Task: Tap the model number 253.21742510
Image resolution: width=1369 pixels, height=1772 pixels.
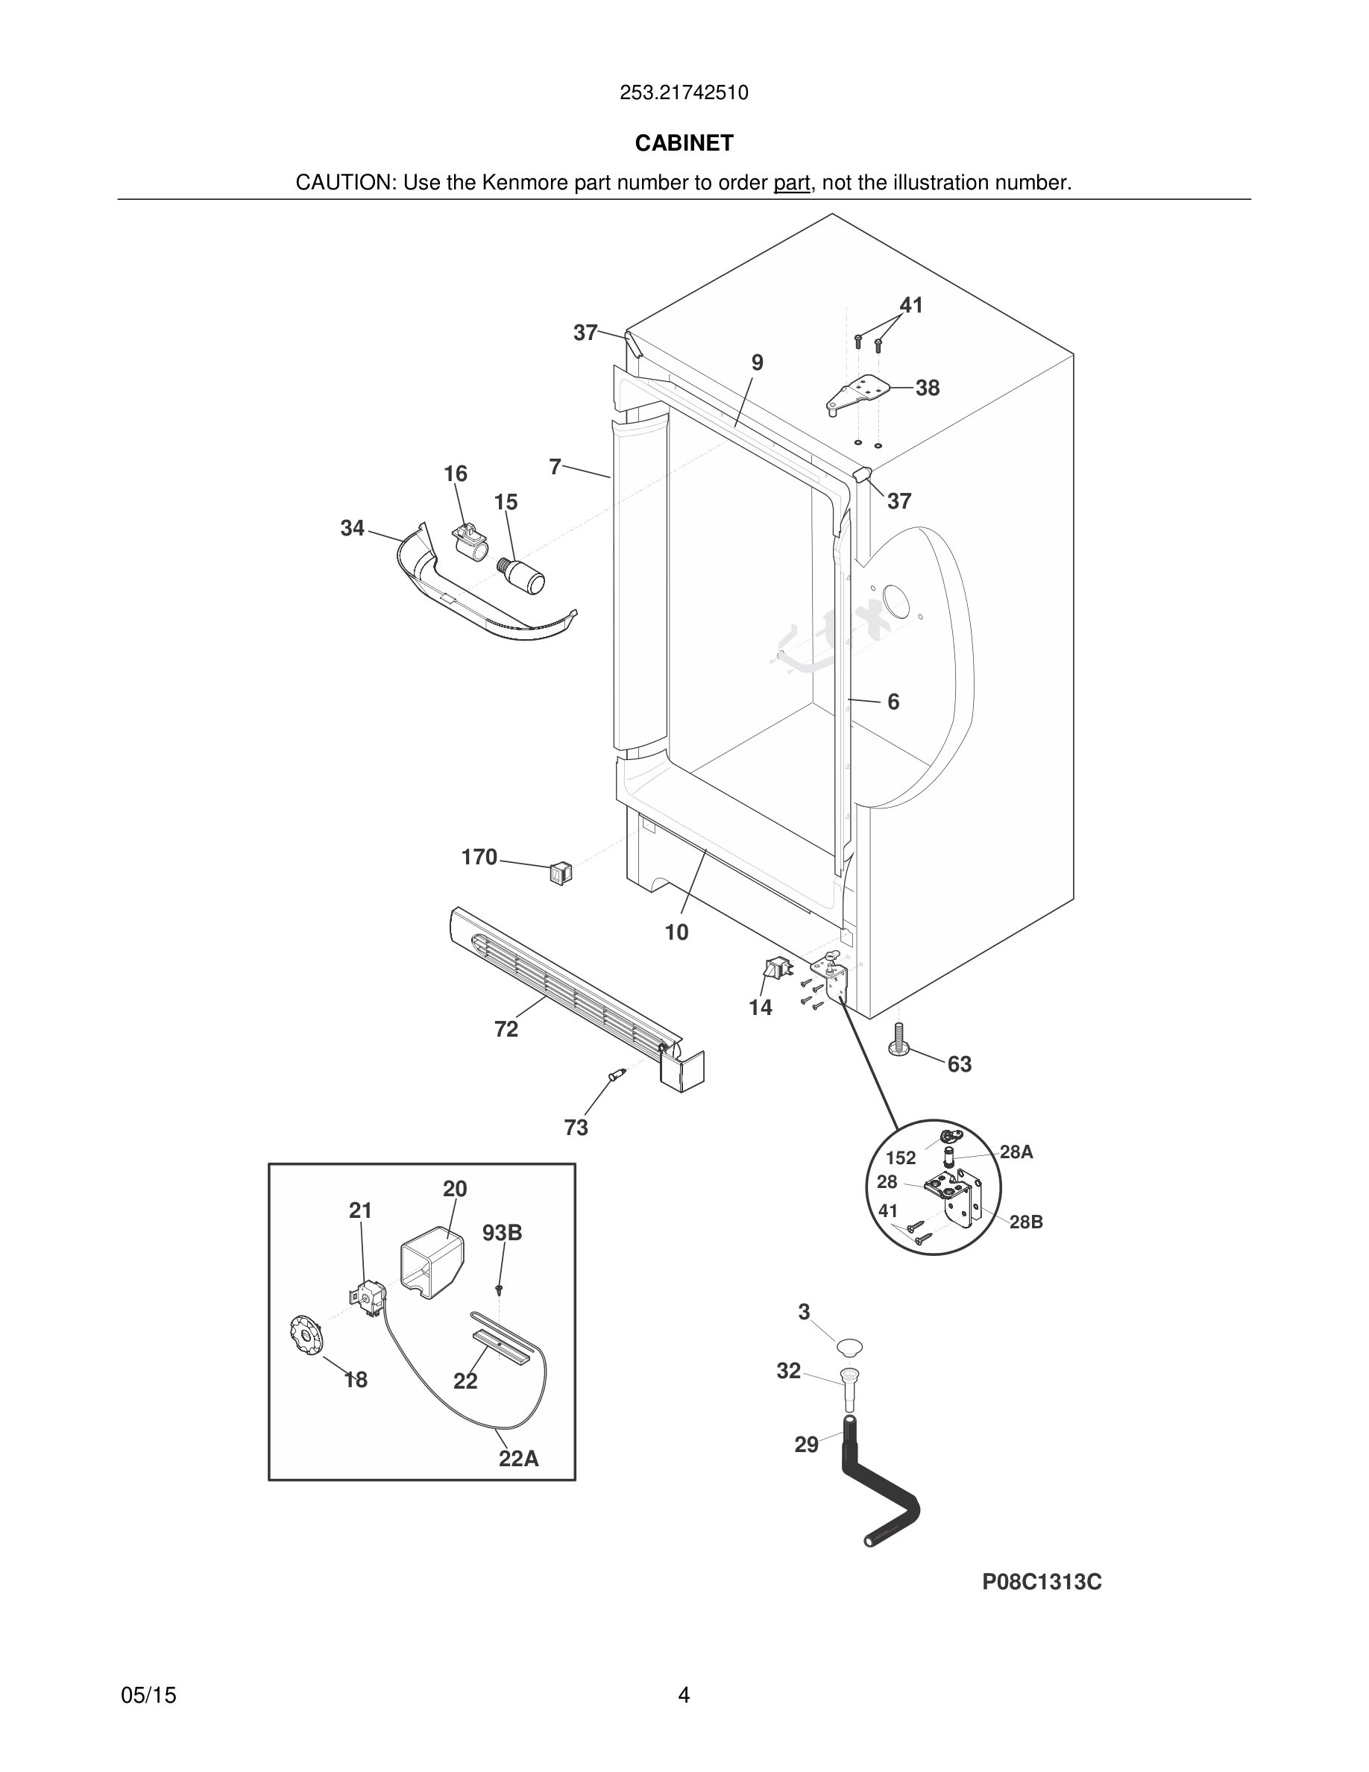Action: (x=684, y=92)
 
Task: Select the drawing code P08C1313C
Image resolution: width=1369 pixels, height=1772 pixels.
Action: (x=1042, y=1581)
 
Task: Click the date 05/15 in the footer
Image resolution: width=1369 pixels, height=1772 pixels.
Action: (x=148, y=1695)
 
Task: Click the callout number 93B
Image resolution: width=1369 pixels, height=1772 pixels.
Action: (x=502, y=1233)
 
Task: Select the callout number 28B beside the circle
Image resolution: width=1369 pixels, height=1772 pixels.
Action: (x=1026, y=1222)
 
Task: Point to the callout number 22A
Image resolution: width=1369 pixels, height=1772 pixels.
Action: (x=518, y=1458)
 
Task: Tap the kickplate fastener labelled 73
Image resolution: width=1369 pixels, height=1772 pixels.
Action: (x=619, y=1076)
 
